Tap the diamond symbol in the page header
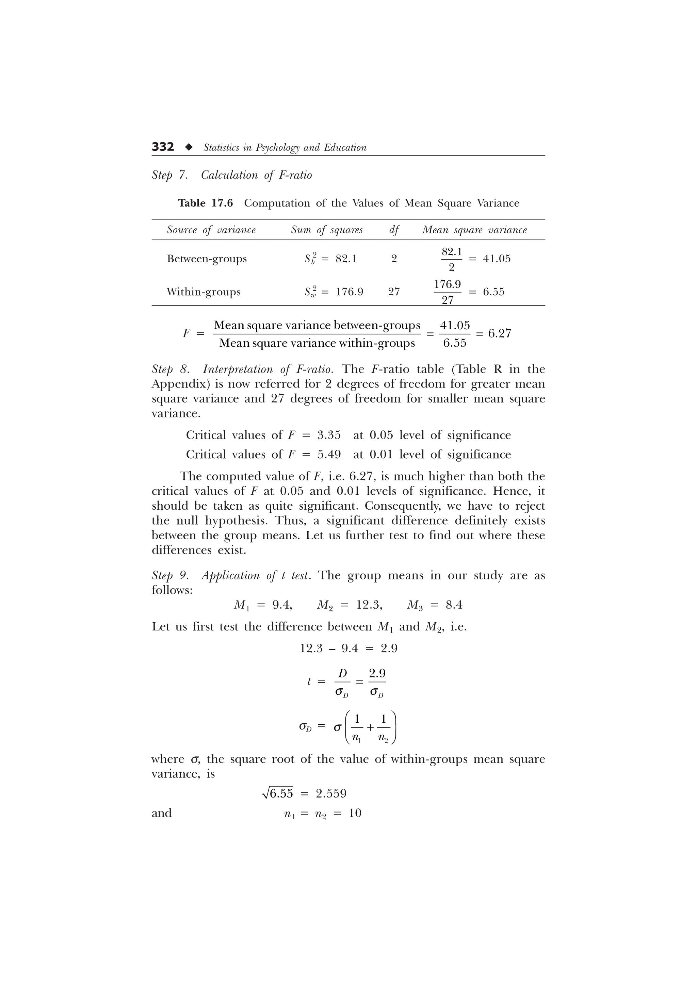(188, 147)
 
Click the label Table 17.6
(205, 203)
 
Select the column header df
(394, 230)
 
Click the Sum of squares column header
(327, 230)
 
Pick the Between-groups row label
(207, 259)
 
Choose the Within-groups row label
(204, 292)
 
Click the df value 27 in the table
(394, 292)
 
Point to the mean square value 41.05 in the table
(497, 259)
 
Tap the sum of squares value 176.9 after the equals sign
(350, 292)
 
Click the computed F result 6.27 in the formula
(500, 334)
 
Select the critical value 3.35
(329, 435)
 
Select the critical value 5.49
(329, 454)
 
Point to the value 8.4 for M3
(454, 605)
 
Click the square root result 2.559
(331, 794)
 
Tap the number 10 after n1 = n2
(355, 814)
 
